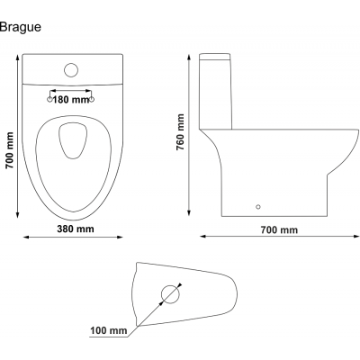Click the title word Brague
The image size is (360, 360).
pyautogui.click(x=21, y=28)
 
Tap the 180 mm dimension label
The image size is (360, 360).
pyautogui.click(x=71, y=100)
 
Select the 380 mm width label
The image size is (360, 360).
pyautogui.click(x=76, y=229)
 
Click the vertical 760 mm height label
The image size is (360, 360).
pyautogui.click(x=180, y=132)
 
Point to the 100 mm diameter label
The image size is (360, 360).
pyautogui.click(x=109, y=330)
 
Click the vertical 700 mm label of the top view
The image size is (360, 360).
pyautogui.click(x=10, y=150)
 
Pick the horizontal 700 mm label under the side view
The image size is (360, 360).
pyautogui.click(x=279, y=230)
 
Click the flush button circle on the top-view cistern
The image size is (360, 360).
pyautogui.click(x=71, y=70)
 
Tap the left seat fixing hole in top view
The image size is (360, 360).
pyautogui.click(x=49, y=99)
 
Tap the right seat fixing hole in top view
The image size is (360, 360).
pyautogui.click(x=92, y=99)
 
